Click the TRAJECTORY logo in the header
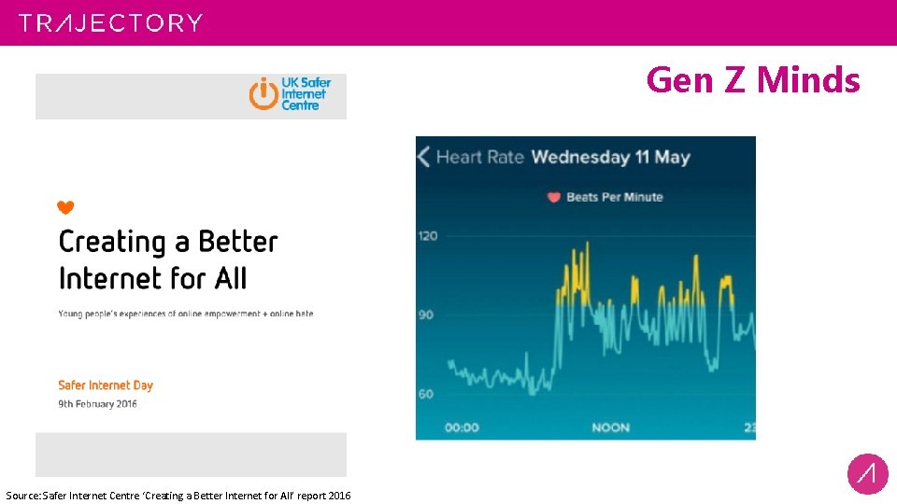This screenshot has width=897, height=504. [x=110, y=22]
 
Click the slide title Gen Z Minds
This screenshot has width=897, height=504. [x=752, y=80]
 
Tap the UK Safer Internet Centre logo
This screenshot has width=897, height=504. [x=291, y=94]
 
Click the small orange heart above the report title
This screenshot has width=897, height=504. [x=65, y=207]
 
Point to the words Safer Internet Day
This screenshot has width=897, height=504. [x=106, y=385]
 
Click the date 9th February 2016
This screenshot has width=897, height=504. [x=98, y=404]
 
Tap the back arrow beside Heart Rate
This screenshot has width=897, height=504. [x=423, y=156]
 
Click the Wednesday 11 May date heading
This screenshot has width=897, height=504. [x=610, y=156]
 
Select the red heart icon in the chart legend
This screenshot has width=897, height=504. [x=553, y=197]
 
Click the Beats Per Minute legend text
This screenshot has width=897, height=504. [x=614, y=197]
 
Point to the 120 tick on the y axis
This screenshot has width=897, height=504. [x=427, y=235]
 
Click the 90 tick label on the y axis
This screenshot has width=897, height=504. [x=426, y=315]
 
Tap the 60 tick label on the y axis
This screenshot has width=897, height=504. [x=426, y=394]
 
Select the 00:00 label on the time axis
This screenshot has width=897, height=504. [x=461, y=427]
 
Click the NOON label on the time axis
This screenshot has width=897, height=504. [x=611, y=427]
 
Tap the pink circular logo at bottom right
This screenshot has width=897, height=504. [x=867, y=473]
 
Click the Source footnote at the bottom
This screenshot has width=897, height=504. [x=178, y=495]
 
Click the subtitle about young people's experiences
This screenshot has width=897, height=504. [x=186, y=314]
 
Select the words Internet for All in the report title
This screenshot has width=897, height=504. [x=153, y=278]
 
